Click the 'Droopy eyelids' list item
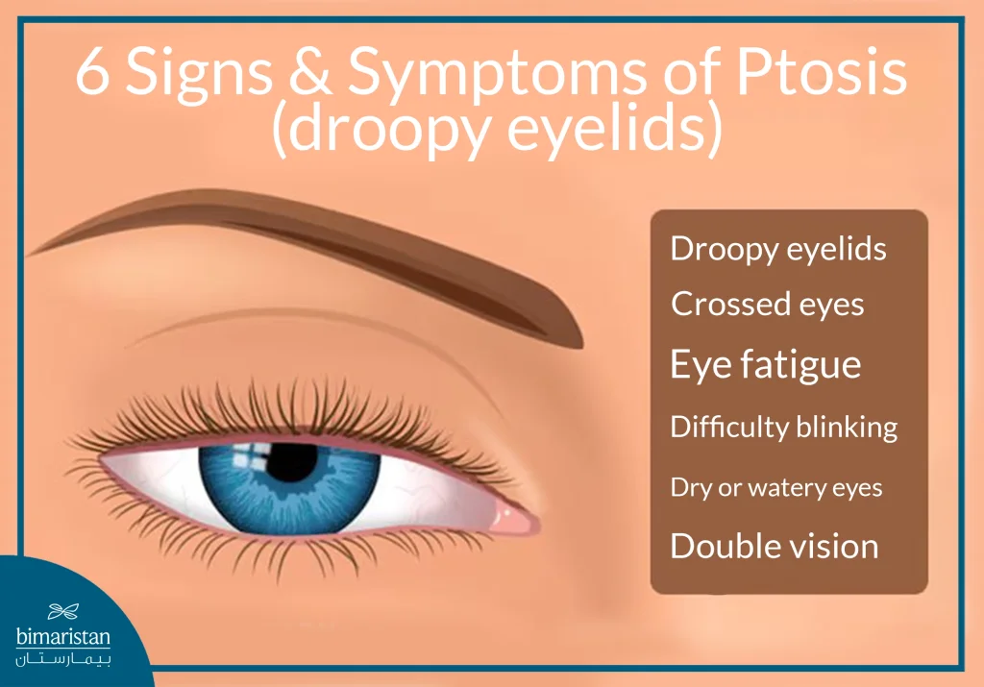(x=778, y=251)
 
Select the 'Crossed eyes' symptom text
(x=768, y=305)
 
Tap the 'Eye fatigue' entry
(x=765, y=365)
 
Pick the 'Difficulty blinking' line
(x=784, y=427)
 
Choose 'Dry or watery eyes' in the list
(x=776, y=487)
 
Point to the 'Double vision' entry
(x=775, y=546)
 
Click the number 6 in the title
(x=93, y=75)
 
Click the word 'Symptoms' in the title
(x=504, y=75)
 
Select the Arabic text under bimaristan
(x=65, y=661)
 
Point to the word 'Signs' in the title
(x=205, y=75)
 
